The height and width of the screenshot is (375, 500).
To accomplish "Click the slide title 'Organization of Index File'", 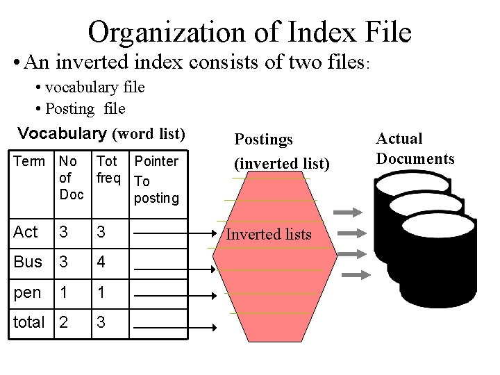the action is coord(250,31).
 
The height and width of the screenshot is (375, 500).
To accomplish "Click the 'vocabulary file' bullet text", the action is coord(94,87).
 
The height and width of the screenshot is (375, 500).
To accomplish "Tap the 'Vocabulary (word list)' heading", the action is coord(101,133).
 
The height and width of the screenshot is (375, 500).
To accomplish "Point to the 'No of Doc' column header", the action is coord(70,178).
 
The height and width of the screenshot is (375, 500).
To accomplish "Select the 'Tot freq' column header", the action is coord(110,169).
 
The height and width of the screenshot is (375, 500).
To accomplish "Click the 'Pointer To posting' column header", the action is coord(156,180).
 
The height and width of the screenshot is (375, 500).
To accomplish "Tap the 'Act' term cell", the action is coord(26,232).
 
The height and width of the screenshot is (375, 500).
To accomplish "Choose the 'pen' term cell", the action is coord(27,292).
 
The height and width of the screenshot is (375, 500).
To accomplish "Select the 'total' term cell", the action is coord(30,322).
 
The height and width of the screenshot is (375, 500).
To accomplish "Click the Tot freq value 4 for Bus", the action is coord(102,262).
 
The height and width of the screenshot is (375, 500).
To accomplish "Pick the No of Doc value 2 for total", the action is coord(65,322).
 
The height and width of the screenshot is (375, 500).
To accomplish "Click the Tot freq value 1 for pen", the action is coord(101,292).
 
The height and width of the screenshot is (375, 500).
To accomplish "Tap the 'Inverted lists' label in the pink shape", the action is coord(269,235).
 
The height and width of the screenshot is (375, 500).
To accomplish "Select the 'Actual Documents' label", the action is coord(415,149).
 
